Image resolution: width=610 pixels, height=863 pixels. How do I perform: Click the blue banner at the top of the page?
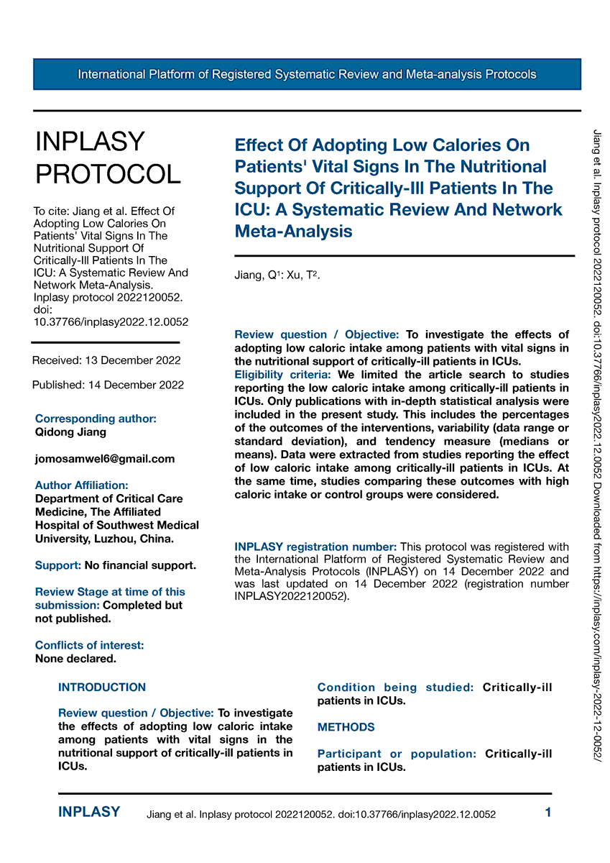(x=307, y=74)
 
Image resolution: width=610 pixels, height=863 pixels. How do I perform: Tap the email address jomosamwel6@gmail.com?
(x=105, y=459)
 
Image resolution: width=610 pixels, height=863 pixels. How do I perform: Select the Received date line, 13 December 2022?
(x=106, y=360)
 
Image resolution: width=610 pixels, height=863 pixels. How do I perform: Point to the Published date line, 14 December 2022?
(x=108, y=385)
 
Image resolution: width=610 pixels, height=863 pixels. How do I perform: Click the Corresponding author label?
(x=96, y=419)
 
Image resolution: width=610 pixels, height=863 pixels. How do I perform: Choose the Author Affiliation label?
(x=82, y=485)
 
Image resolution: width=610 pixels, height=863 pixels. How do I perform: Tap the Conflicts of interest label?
(x=89, y=645)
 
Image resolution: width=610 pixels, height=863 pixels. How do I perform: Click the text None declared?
(x=75, y=658)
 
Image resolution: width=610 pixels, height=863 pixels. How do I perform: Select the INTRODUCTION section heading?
(x=102, y=688)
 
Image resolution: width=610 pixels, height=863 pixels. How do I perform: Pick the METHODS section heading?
(x=346, y=727)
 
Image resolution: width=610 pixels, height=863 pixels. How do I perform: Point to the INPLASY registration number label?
(x=315, y=547)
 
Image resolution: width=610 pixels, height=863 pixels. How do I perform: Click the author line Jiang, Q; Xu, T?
(x=277, y=275)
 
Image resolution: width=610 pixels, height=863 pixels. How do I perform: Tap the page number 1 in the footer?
(x=548, y=813)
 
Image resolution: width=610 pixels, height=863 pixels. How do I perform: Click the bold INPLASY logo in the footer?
(x=89, y=813)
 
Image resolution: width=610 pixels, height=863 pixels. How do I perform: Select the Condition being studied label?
(x=395, y=688)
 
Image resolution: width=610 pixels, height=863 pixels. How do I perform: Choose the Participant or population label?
(x=397, y=754)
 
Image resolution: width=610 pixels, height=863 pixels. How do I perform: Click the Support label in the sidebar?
(x=57, y=565)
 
